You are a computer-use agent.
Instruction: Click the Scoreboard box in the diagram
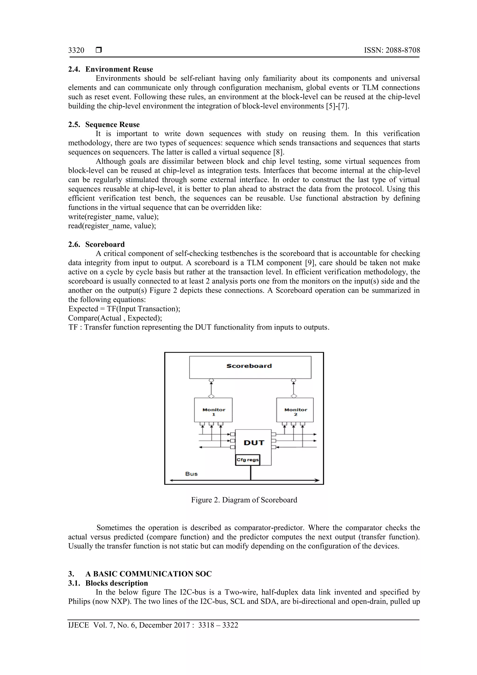pos(250,367)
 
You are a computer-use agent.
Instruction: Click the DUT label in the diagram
pos(254,443)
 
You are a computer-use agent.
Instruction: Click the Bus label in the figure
pos(191,474)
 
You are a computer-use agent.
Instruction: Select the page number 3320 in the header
pos(76,50)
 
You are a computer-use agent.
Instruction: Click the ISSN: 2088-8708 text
pos(392,50)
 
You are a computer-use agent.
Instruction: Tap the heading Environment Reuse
pos(119,69)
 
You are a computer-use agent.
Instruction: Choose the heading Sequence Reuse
pos(112,125)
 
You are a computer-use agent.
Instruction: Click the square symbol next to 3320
pos(99,50)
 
